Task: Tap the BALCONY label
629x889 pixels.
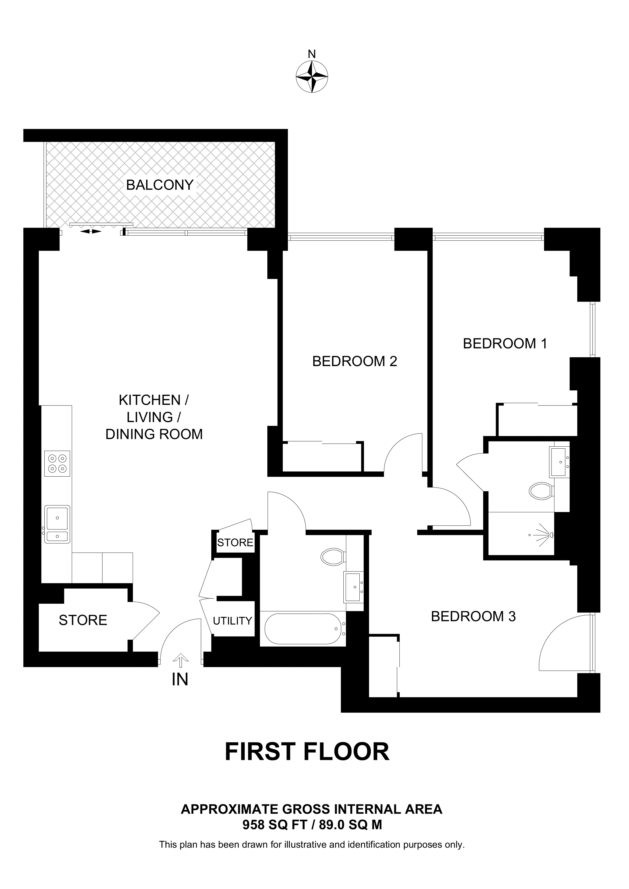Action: (x=160, y=185)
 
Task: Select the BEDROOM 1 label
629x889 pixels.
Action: (x=505, y=344)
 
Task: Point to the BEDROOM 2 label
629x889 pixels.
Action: (x=355, y=361)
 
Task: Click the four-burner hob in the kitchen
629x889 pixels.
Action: (x=57, y=463)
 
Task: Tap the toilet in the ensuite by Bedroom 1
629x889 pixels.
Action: (x=541, y=491)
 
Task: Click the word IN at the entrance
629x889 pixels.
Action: (x=180, y=680)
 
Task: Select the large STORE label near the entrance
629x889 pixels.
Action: (x=83, y=620)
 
